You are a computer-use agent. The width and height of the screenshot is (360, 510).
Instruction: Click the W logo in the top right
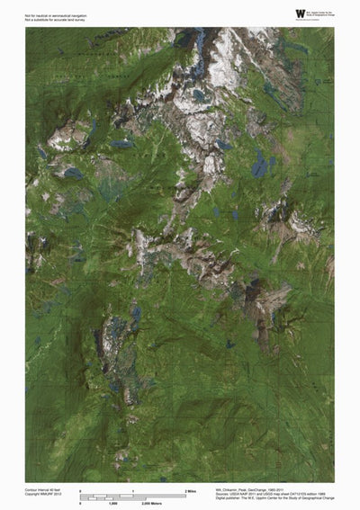coord(300,13)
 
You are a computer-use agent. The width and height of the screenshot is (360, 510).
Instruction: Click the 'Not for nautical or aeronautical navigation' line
coord(53,11)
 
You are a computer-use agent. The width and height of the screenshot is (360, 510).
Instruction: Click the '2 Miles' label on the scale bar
coord(191,490)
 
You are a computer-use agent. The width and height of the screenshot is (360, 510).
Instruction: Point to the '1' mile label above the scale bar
coord(133,490)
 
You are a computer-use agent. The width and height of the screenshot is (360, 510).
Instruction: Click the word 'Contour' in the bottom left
coord(31,490)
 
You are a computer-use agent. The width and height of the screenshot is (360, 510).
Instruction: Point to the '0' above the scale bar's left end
coord(81,490)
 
